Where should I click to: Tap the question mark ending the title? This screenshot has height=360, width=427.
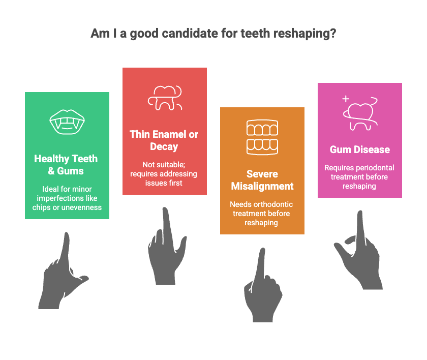(x=333, y=34)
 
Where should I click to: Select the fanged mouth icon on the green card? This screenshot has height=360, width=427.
(x=67, y=122)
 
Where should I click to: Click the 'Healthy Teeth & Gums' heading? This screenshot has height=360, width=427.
(x=66, y=164)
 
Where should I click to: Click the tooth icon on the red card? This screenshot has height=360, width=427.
(x=165, y=98)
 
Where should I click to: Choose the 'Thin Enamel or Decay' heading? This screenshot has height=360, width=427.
(x=164, y=140)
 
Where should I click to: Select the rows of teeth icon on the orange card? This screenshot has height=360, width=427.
(x=262, y=137)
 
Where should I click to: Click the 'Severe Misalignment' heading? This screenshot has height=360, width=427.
(x=262, y=180)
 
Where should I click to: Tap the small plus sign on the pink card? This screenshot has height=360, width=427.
(x=346, y=99)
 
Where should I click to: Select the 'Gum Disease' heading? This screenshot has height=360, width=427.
(x=360, y=149)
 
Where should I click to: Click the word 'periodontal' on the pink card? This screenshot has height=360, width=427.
(x=377, y=168)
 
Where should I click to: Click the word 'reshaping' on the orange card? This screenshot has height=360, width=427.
(x=261, y=223)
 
